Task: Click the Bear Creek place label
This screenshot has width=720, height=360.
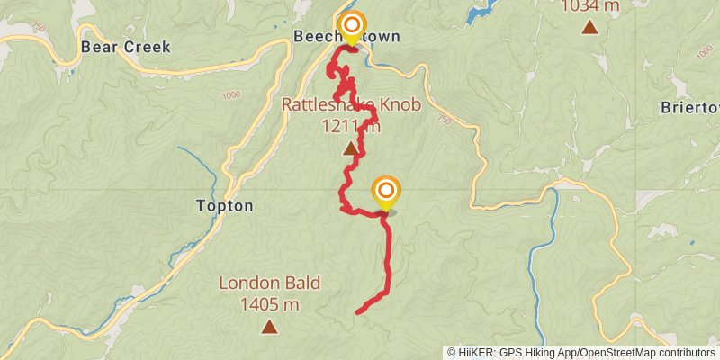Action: [x=125, y=47]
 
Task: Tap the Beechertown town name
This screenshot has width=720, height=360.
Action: [x=346, y=38]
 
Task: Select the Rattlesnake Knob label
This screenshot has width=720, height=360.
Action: [x=350, y=104]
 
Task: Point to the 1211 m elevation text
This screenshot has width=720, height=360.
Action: [x=350, y=125]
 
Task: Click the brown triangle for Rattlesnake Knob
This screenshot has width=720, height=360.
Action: [x=349, y=148]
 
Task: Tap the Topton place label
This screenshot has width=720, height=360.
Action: [x=224, y=205]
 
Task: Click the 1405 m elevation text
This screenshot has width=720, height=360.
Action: [x=269, y=304]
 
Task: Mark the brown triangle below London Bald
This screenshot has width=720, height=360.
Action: [x=268, y=327]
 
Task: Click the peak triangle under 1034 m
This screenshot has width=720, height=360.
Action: [x=589, y=27]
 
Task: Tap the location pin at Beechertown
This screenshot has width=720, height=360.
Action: [x=350, y=26]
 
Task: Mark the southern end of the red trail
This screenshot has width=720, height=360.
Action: [x=358, y=312]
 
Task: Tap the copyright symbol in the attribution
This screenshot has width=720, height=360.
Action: [x=452, y=352]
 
